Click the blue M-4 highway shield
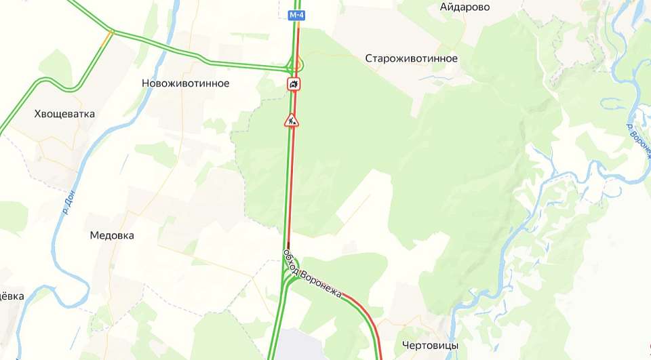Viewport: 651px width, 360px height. [296, 15]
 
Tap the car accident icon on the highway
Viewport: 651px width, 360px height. [294, 83]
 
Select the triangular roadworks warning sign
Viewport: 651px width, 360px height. [292, 121]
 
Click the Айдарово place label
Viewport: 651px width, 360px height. [465, 7]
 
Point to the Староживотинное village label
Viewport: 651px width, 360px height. [411, 58]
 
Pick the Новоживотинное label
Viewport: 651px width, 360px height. [185, 83]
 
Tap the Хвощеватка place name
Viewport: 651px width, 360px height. [64, 114]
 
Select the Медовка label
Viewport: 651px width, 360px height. [112, 236]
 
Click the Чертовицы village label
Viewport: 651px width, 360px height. [430, 346]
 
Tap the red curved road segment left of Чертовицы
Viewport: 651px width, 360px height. [363, 312]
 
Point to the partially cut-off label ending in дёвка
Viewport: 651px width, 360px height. [12, 296]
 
